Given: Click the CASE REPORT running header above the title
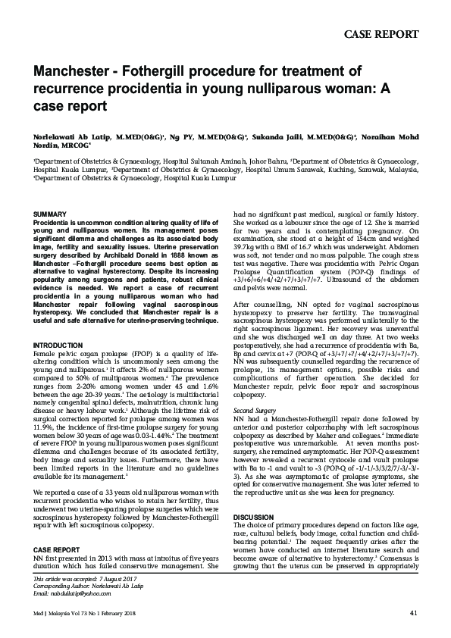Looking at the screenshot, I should pos(381,34).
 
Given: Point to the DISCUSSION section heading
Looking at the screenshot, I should pos(253,517).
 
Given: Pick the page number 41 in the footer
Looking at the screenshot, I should pos(413,612).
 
